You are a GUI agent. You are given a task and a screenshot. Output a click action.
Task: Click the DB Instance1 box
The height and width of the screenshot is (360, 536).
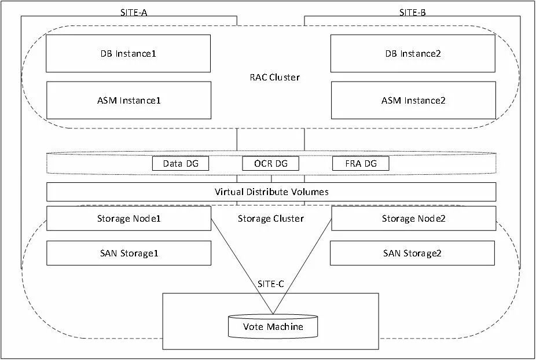click(128, 53)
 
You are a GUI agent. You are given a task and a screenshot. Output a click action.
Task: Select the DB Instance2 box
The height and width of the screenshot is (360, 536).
click(413, 53)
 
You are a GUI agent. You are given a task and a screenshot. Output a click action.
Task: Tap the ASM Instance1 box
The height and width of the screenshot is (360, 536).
click(129, 100)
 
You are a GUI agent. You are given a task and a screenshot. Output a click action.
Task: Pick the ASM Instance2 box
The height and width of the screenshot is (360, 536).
click(413, 100)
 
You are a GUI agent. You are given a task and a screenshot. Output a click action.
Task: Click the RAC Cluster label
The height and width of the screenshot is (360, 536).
click(274, 77)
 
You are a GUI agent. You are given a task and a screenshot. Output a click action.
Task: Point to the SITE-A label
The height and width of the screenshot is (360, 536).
click(134, 13)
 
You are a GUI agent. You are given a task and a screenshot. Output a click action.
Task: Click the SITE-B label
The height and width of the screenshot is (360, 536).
click(412, 13)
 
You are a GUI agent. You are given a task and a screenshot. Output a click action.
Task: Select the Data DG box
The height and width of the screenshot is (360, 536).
click(181, 163)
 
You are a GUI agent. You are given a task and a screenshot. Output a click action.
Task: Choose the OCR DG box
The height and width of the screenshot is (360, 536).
click(270, 163)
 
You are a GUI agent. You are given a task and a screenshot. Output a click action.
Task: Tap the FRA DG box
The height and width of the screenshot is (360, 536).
click(361, 163)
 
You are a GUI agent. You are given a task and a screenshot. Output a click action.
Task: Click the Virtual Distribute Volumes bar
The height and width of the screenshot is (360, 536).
click(271, 192)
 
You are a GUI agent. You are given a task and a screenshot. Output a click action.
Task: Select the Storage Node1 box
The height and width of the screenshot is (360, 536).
click(129, 218)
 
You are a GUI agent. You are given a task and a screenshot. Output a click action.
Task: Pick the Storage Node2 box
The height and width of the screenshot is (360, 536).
click(414, 218)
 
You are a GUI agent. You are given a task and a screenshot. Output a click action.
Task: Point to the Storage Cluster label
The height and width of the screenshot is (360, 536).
click(271, 218)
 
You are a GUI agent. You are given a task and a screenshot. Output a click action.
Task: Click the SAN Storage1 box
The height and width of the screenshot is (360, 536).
click(129, 253)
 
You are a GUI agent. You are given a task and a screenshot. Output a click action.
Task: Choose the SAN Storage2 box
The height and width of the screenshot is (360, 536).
click(412, 253)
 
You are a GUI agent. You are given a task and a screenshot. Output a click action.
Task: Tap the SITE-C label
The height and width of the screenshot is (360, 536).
click(270, 284)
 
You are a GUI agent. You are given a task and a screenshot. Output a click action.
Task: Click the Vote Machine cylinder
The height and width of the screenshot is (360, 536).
click(273, 326)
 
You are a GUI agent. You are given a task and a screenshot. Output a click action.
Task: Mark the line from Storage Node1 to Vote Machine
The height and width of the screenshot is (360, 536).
click(242, 266)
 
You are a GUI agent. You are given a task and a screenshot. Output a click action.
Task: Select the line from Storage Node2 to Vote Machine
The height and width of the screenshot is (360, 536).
click(302, 266)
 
